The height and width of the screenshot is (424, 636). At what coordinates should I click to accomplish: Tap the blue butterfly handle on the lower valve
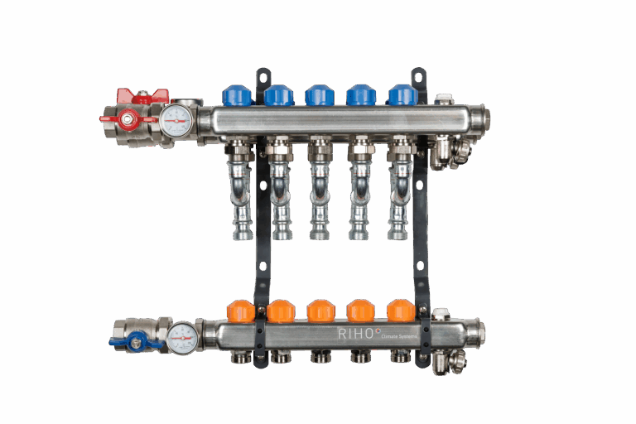coord(135,340)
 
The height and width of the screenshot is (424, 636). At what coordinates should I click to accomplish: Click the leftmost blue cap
coord(237,94)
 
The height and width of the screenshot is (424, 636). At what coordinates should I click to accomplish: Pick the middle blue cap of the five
coord(319,94)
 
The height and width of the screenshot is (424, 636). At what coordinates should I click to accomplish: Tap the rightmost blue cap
coord(402,94)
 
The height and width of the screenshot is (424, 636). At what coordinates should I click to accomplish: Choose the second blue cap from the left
coord(278,94)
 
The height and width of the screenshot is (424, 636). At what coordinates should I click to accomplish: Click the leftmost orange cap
coord(238,311)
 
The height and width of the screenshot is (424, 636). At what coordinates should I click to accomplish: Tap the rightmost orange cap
coord(401,311)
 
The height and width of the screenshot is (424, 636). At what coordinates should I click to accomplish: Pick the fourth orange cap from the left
coord(360,311)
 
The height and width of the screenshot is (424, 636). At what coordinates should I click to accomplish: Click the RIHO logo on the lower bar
coord(356,334)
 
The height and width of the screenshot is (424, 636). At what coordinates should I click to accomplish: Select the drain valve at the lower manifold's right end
coord(452,361)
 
